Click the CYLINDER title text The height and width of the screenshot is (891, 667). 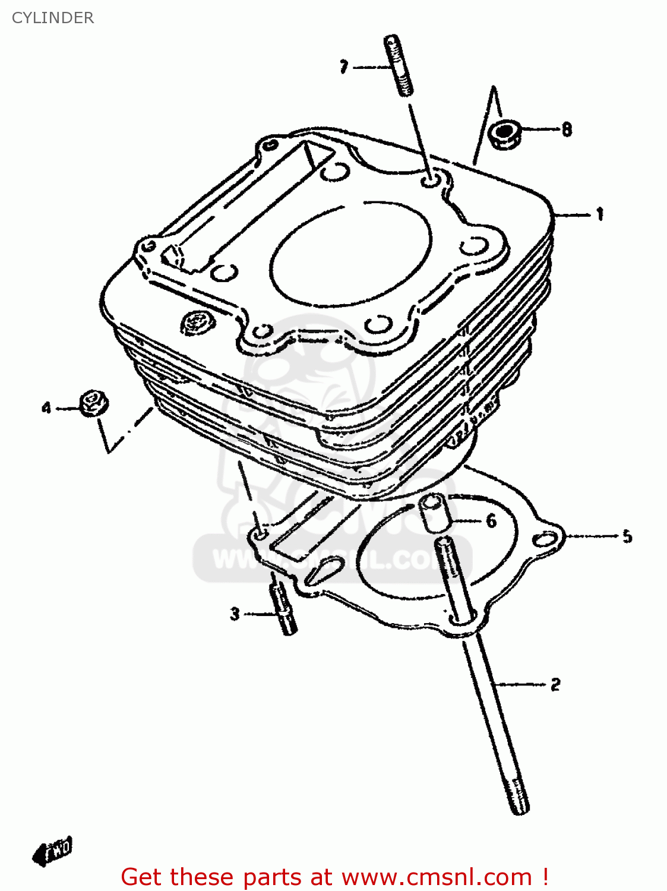pos(53,18)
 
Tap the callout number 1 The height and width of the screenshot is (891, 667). pos(600,214)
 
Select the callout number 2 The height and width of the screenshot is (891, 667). pos(555,684)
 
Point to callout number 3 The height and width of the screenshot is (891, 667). pos(235,614)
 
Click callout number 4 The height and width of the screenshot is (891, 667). pos(46,408)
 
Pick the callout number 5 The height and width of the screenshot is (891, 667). pos(627,537)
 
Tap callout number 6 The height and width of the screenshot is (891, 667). pos(491,521)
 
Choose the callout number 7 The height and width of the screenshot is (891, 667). pos(344,67)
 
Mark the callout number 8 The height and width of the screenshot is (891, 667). pos(567,129)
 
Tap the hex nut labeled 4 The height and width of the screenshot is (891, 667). pos(93,404)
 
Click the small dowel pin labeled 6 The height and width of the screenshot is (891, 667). pos(433,514)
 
